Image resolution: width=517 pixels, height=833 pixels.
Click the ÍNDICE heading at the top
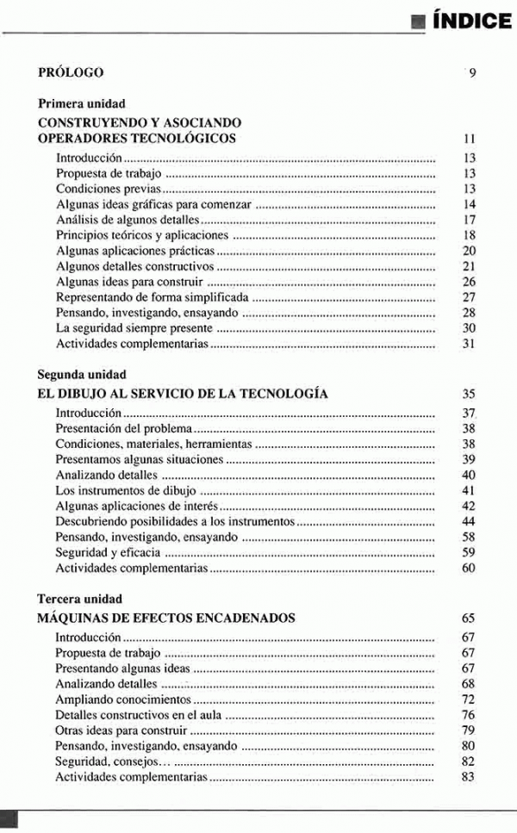(471, 21)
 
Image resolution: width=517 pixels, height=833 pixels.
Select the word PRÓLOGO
(72, 72)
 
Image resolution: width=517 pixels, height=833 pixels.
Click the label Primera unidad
(82, 104)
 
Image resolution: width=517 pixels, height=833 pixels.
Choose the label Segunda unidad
(82, 375)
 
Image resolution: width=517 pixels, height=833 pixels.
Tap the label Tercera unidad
(80, 599)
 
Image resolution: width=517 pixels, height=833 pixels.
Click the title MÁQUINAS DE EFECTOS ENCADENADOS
(167, 618)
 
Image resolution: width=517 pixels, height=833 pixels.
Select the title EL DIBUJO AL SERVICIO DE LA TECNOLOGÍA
(183, 394)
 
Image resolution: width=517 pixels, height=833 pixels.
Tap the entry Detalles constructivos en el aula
(139, 715)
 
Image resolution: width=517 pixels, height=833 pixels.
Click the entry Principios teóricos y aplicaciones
(142, 235)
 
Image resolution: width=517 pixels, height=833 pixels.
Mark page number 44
(469, 522)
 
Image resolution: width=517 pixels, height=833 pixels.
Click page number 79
(469, 730)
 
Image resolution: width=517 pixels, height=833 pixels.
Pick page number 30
(469, 328)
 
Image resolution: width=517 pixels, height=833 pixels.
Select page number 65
(469, 619)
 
